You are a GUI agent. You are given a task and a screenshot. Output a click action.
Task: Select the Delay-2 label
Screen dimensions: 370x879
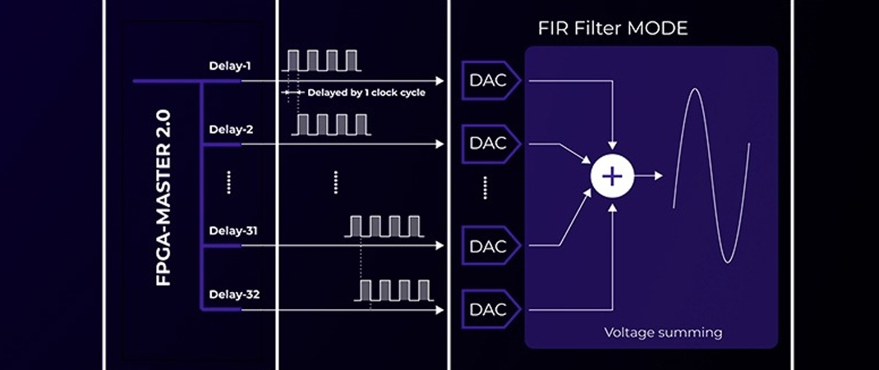click(230, 129)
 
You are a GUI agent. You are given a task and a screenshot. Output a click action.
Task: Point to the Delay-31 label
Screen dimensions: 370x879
click(233, 231)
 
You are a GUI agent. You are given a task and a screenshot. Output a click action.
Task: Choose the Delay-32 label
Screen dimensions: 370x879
click(233, 294)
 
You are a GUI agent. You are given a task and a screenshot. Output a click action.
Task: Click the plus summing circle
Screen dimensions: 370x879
click(612, 176)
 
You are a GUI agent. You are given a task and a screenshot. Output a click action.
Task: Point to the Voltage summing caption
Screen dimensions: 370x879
click(663, 332)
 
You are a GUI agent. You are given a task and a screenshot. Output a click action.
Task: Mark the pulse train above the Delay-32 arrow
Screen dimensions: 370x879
click(396, 290)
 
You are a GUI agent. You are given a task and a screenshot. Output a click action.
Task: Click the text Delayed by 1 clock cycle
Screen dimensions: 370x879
click(366, 93)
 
